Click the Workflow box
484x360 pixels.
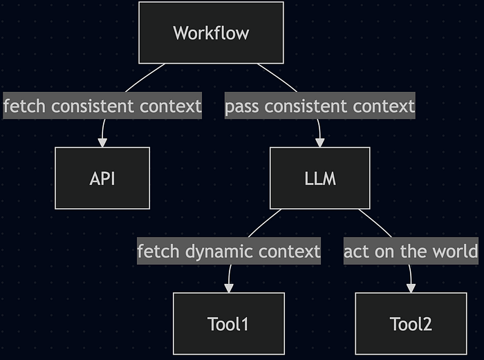pyautogui.click(x=211, y=32)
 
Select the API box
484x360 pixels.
pyautogui.click(x=102, y=178)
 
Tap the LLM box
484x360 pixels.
pyautogui.click(x=319, y=178)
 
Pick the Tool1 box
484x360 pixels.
pyautogui.click(x=229, y=323)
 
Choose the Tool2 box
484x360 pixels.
pyautogui.click(x=411, y=323)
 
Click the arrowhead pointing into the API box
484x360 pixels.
pyautogui.click(x=102, y=143)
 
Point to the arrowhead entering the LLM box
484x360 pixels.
pyautogui.click(x=319, y=143)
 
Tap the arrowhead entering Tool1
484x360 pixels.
pyautogui.click(x=229, y=288)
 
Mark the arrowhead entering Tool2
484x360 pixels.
pyautogui.click(x=411, y=288)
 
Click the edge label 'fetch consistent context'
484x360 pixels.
pyautogui.click(x=102, y=106)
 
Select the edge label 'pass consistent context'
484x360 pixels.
pyautogui.click(x=319, y=106)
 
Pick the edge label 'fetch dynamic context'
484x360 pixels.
pyautogui.click(x=229, y=251)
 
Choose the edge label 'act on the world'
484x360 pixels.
pyautogui.click(x=411, y=251)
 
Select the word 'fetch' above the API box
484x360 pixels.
pyautogui.click(x=24, y=106)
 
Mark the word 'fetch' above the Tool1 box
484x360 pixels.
pyautogui.click(x=158, y=251)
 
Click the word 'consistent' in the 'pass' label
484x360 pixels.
pyautogui.click(x=306, y=106)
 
